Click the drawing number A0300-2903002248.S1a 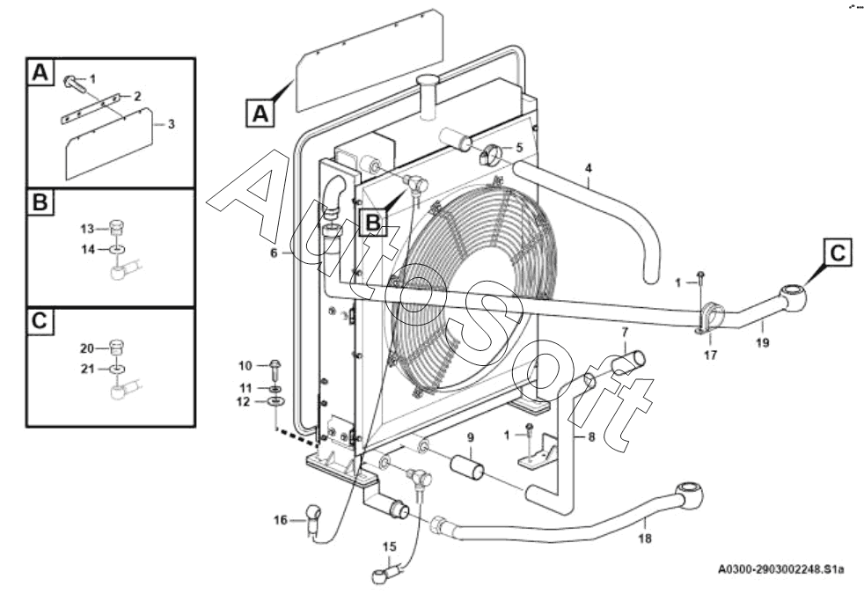click(x=780, y=569)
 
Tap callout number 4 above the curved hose click(x=589, y=168)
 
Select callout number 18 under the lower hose click(x=645, y=539)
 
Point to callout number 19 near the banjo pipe click(x=762, y=342)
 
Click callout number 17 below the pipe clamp click(x=711, y=355)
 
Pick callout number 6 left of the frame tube click(x=274, y=253)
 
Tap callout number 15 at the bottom click(x=390, y=547)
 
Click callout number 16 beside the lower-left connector click(x=281, y=520)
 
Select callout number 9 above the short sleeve click(x=471, y=437)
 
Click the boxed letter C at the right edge click(x=838, y=253)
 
